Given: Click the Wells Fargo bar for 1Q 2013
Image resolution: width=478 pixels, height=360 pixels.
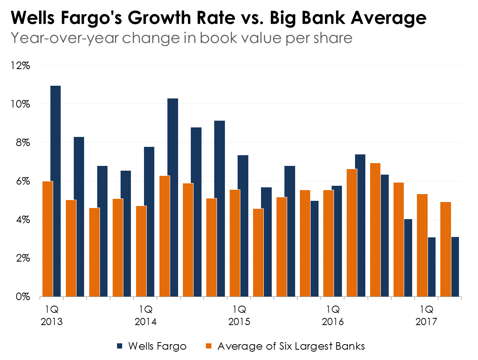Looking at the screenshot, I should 56,191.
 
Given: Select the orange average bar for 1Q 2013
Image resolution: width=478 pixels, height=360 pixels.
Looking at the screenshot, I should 48,239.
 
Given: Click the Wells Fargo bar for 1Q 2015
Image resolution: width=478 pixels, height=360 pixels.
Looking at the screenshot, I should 243,226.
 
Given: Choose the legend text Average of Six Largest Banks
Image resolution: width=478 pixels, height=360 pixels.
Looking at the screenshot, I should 291,346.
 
